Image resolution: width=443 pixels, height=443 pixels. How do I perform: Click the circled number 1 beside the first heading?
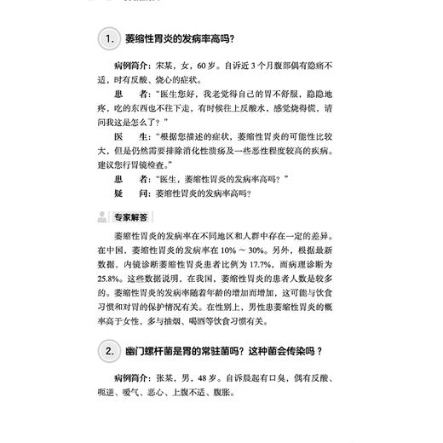point(108,37)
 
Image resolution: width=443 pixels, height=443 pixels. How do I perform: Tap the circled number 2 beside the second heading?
point(108,350)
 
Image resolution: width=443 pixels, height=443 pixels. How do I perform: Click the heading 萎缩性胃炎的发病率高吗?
point(179,37)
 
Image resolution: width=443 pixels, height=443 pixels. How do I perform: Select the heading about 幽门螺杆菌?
point(225,350)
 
